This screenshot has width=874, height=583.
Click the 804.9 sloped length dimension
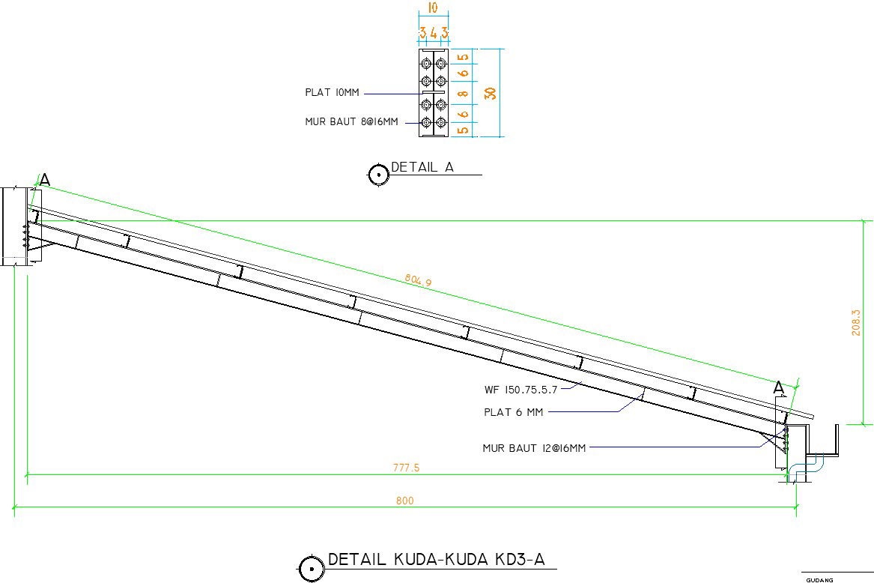(x=418, y=280)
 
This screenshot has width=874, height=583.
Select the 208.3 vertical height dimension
(x=855, y=322)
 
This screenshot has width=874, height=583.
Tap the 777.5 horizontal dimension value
(x=406, y=468)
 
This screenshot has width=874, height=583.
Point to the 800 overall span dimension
(x=404, y=501)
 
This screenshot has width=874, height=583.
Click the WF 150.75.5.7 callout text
(x=521, y=390)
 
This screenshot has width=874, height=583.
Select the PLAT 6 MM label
(x=513, y=411)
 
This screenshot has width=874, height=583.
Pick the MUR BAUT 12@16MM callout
(x=534, y=448)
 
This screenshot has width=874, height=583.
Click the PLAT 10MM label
(x=332, y=93)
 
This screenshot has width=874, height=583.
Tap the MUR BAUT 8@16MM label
(x=351, y=121)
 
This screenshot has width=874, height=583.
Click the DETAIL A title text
(x=422, y=168)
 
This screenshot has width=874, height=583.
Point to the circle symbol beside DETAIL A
(x=378, y=175)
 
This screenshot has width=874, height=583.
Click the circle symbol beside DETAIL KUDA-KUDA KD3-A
(x=311, y=569)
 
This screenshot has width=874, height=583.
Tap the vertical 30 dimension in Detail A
(x=491, y=93)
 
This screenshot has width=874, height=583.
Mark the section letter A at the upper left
(x=45, y=179)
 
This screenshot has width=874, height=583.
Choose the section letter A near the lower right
(x=779, y=387)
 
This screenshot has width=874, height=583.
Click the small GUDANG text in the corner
(x=819, y=579)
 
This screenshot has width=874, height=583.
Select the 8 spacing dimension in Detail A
(x=463, y=94)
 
